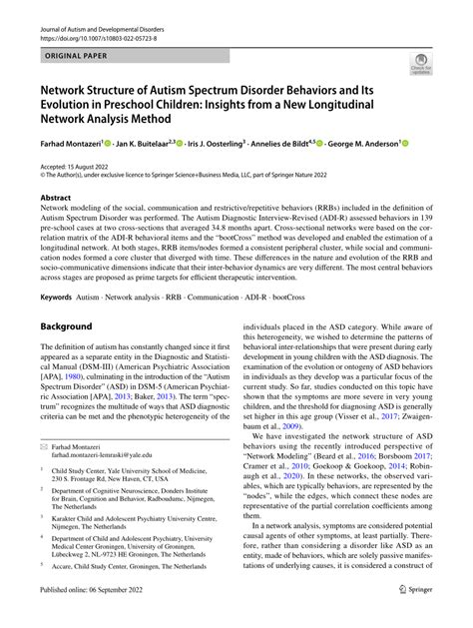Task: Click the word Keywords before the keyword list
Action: [57, 297]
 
